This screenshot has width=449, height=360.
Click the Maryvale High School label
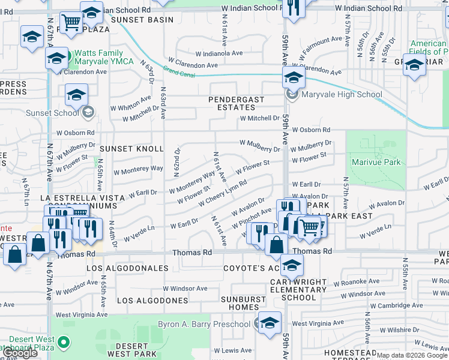(343, 94)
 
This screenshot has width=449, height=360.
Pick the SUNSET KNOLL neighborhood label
(131, 148)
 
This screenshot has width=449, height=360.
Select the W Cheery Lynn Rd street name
(223, 193)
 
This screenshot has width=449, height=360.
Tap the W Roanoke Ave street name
(357, 282)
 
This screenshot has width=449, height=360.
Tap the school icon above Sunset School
(77, 95)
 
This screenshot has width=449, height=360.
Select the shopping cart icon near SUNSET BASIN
(71, 23)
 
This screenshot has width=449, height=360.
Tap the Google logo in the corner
(21, 353)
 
